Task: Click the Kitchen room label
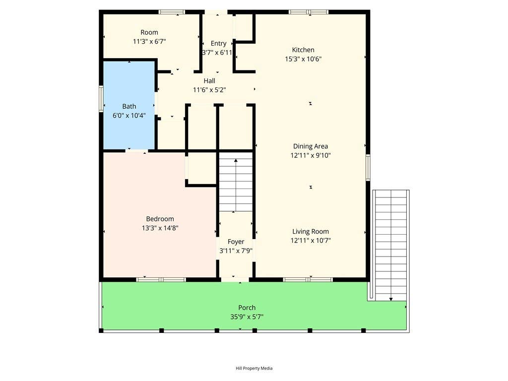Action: pos(303,50)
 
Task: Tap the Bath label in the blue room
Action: pos(129,106)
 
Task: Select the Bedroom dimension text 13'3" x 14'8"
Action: pos(160,228)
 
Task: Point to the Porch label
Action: pos(247,308)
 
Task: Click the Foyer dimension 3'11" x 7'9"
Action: pos(236,251)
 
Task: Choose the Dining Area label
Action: pos(311,146)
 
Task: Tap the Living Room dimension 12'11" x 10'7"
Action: pos(311,241)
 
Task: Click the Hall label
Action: pos(209,81)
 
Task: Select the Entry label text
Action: pos(218,44)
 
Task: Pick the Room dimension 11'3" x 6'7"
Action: pos(149,42)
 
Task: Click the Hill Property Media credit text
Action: pos(254,368)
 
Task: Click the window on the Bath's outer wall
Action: pos(101,99)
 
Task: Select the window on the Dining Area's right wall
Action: pos(368,167)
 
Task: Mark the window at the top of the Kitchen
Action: pos(309,12)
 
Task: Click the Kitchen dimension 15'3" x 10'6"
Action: pos(303,59)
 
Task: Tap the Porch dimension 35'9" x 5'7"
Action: pos(247,317)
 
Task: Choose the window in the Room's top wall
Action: pos(172,12)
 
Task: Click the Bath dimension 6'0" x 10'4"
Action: pos(129,115)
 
